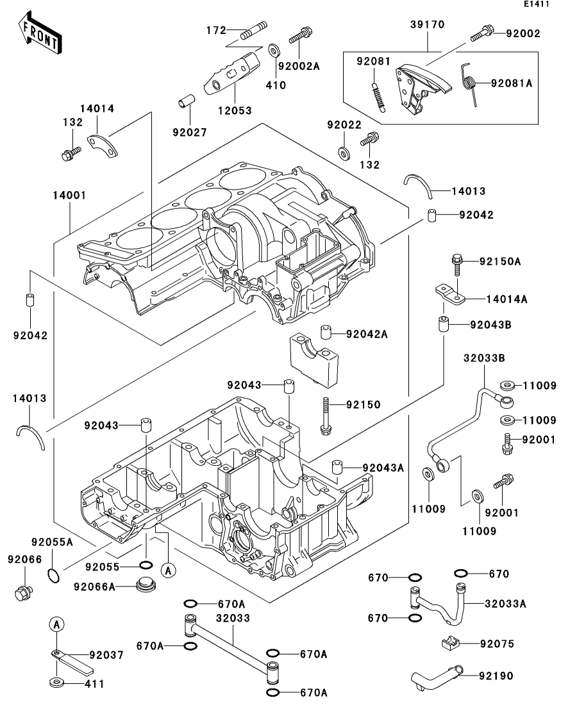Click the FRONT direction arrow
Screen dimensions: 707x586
[x=40, y=36]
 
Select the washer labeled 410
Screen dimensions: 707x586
[x=274, y=50]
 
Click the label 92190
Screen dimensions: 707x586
[x=495, y=675]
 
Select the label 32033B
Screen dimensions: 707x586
[x=481, y=358]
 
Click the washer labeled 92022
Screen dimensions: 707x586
[x=344, y=152]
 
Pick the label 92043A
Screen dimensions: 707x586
[x=383, y=468]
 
